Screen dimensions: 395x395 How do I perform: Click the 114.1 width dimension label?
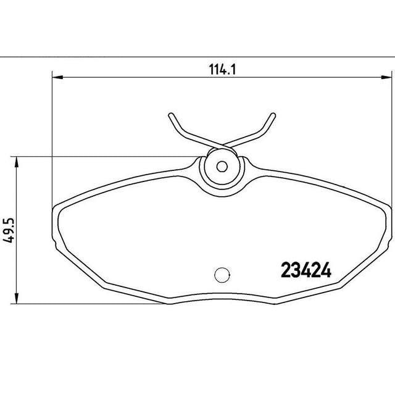tap(222, 70)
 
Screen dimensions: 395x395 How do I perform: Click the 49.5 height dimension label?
tap(8, 230)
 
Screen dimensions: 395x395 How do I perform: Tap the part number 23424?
tap(306, 270)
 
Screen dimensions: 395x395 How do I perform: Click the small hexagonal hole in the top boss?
tap(222, 166)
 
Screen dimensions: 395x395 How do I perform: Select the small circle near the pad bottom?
tap(222, 275)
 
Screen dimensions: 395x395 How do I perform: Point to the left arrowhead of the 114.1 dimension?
tap(57, 77)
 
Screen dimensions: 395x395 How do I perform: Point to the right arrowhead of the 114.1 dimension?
tap(386, 77)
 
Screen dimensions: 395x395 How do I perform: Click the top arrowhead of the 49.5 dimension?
tap(17, 162)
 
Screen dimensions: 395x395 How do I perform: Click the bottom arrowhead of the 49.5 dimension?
tap(17, 298)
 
